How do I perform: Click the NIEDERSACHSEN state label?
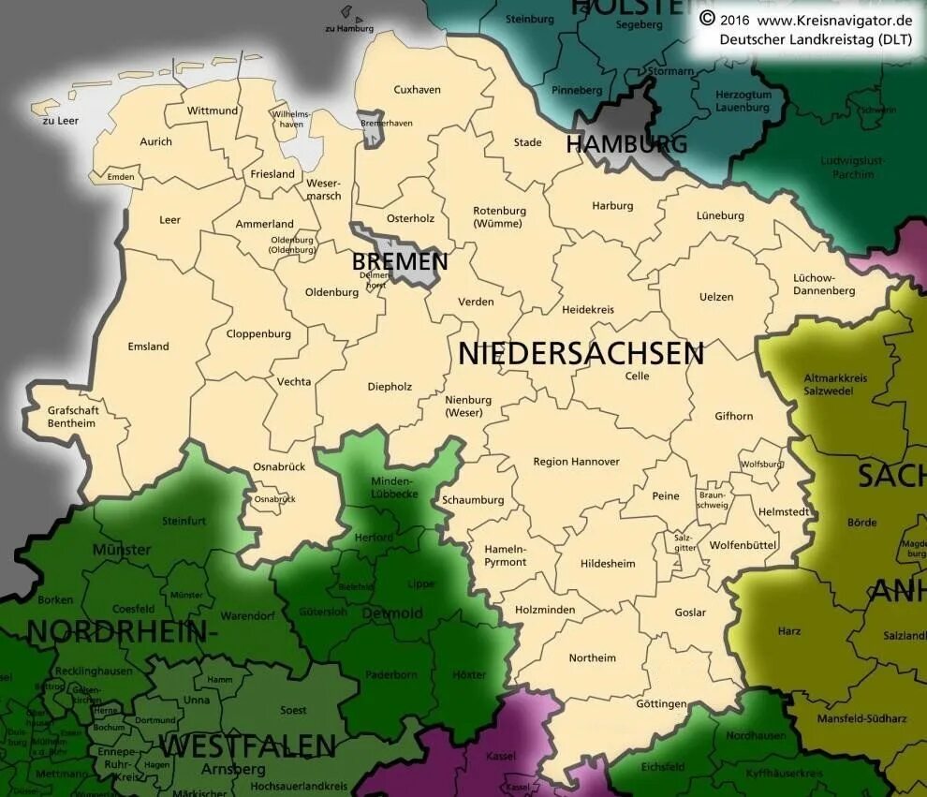coord(581,353)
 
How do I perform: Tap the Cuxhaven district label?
coord(417,90)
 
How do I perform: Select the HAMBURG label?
coord(626,144)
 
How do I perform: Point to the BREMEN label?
coord(400,262)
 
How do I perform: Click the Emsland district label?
coord(148,347)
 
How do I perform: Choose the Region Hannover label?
coord(576,462)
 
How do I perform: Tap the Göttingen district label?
coord(662,704)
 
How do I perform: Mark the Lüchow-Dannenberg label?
coord(824,285)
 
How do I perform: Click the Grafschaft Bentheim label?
coord(72,417)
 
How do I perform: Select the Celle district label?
coord(637,376)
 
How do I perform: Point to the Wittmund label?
coord(213,111)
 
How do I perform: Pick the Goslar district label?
coord(690,613)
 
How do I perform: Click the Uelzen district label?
coord(716,297)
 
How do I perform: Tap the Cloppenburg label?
coord(258,333)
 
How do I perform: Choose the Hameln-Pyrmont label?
coord(506,555)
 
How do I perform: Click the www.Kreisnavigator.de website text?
coord(834,20)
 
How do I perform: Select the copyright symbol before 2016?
coord(707,19)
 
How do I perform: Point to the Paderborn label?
coord(391,674)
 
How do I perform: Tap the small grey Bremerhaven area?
coord(373,132)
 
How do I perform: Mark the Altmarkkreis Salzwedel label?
coord(835,384)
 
